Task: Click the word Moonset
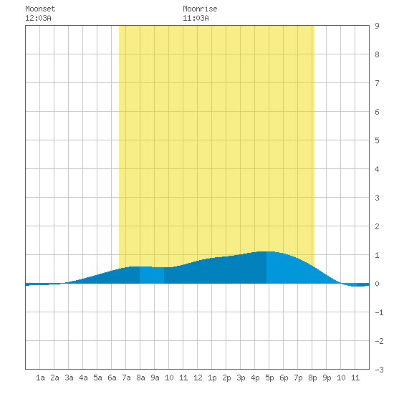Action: pyautogui.click(x=40, y=9)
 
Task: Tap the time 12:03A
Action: pyautogui.click(x=38, y=18)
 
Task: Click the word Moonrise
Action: pyautogui.click(x=200, y=9)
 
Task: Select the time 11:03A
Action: pyautogui.click(x=196, y=18)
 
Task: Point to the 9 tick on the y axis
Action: pyautogui.click(x=377, y=26)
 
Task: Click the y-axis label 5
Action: pyautogui.click(x=377, y=140)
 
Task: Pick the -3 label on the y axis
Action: pyautogui.click(x=379, y=370)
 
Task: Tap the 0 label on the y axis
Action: pyautogui.click(x=377, y=284)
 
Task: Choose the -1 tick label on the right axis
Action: pyautogui.click(x=379, y=312)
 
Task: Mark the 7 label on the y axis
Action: pyautogui.click(x=377, y=83)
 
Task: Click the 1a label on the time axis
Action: pyautogui.click(x=40, y=378)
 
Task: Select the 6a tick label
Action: pyautogui.click(x=112, y=378)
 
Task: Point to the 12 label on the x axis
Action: pyautogui.click(x=198, y=378)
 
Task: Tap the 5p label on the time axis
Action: pyautogui.click(x=269, y=378)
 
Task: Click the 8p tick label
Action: pyautogui.click(x=312, y=378)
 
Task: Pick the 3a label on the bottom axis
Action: pyautogui.click(x=69, y=378)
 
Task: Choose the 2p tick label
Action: pyautogui.click(x=226, y=378)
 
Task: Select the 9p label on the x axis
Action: pyautogui.click(x=327, y=378)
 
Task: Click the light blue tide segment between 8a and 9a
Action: pyautogui.click(x=152, y=275)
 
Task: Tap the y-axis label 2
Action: pyautogui.click(x=377, y=226)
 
